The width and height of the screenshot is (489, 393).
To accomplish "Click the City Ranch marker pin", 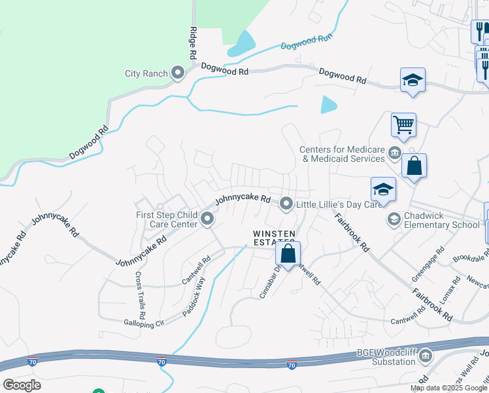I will click(x=178, y=73).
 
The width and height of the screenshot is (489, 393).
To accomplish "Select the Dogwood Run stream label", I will click(x=307, y=42).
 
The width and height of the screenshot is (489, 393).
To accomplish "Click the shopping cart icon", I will click(x=403, y=124).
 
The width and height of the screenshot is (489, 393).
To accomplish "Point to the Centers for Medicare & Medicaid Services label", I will click(x=342, y=154).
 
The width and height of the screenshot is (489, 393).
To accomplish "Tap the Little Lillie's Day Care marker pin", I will click(x=286, y=205).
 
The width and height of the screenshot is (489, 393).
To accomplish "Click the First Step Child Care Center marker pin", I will click(x=207, y=219).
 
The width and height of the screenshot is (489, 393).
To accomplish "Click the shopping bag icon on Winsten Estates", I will click(x=287, y=253).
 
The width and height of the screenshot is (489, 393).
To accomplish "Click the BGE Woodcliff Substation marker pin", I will click(x=426, y=356).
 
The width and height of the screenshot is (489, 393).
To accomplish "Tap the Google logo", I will click(x=22, y=384).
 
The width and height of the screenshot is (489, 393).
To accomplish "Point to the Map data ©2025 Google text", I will click(x=448, y=388).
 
